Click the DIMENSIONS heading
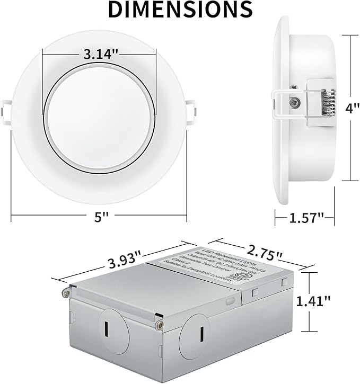tap(180, 10)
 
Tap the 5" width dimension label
tap(99, 216)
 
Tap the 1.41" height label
tap(328, 300)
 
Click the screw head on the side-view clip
tap(293, 99)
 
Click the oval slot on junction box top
tap(255, 292)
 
